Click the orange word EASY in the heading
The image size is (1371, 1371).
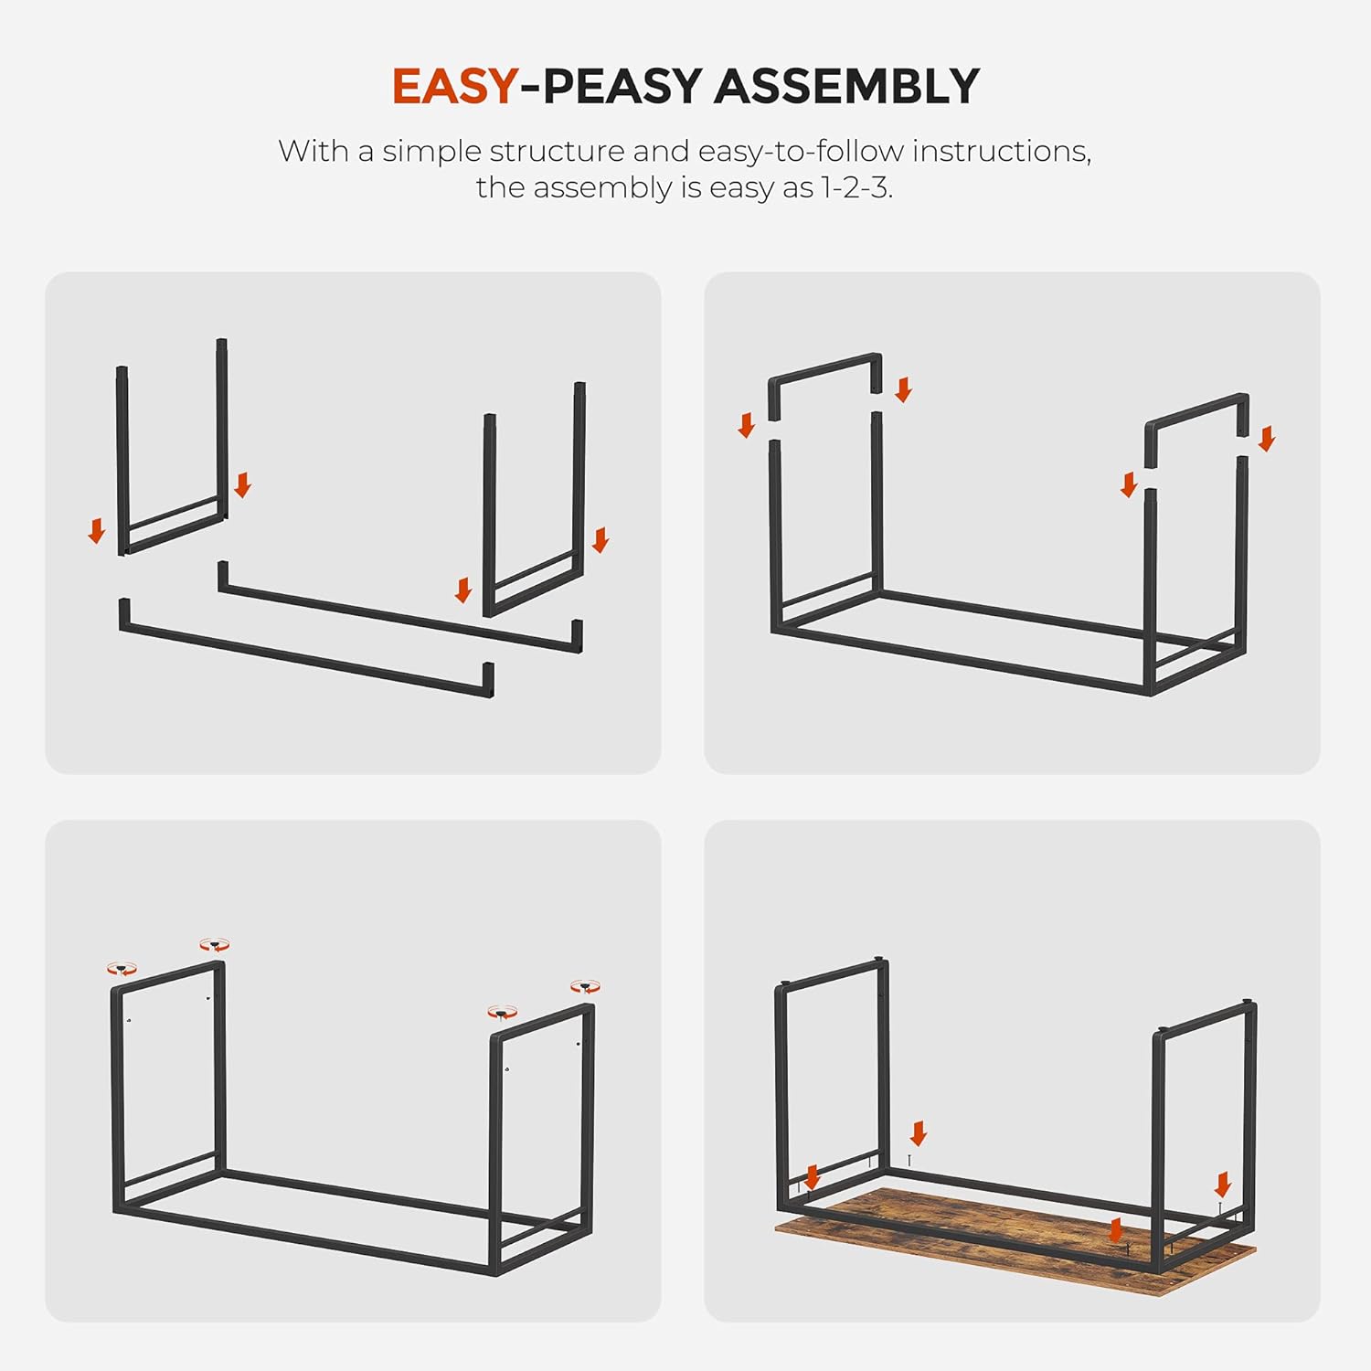pos(455,87)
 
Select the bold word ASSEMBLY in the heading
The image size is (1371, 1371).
pos(846,87)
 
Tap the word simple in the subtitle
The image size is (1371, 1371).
pos(430,153)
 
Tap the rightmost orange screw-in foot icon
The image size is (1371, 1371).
pos(586,987)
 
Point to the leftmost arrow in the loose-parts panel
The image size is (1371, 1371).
pos(97,531)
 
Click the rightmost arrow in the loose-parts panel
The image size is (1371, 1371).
pos(600,540)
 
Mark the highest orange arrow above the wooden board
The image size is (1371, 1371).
pos(919,1134)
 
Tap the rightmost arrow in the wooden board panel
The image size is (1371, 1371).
pos(1223,1185)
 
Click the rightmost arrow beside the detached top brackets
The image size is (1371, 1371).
pos(1266,439)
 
